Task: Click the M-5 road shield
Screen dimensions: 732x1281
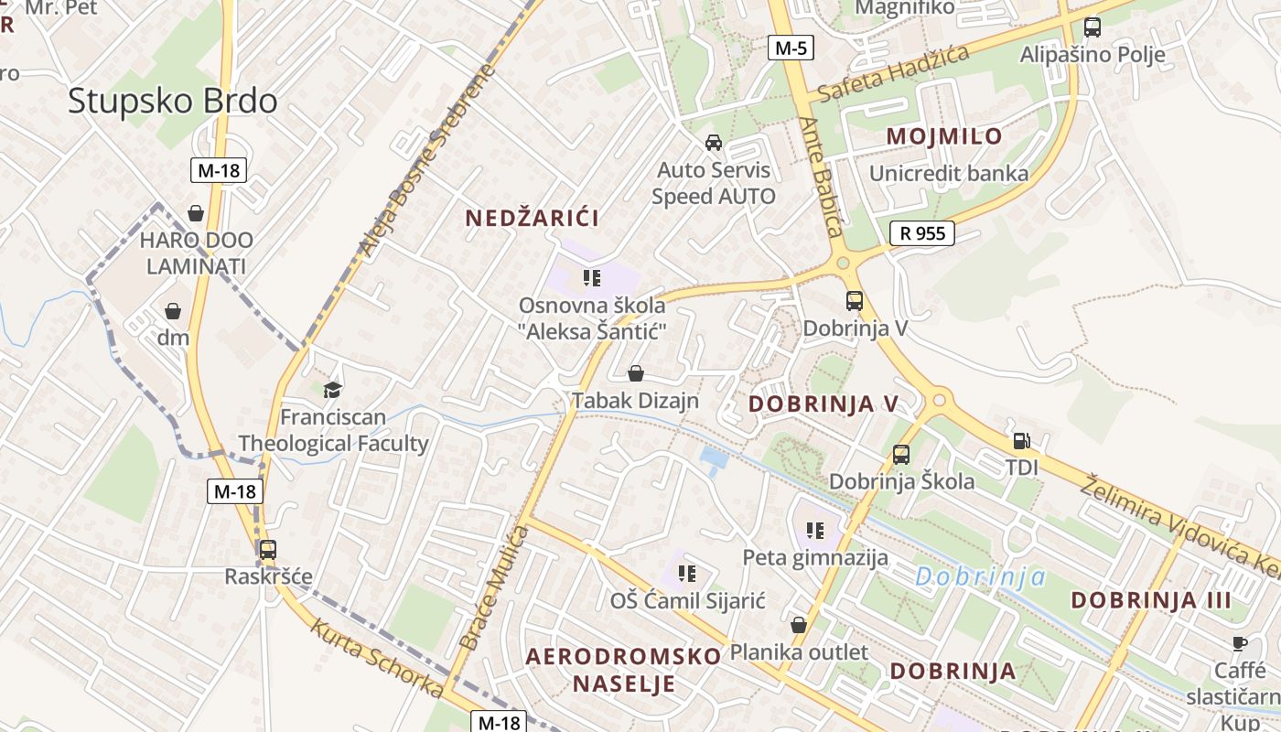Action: point(790,48)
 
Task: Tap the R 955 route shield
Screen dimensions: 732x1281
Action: point(922,232)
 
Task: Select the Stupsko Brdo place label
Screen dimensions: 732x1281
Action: point(172,101)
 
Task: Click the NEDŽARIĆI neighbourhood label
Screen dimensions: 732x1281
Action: point(533,218)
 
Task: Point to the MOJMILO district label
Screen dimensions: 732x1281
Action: point(944,136)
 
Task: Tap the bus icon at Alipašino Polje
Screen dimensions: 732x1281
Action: point(1092,27)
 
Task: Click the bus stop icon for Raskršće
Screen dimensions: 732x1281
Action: point(268,550)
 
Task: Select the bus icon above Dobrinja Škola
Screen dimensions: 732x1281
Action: point(901,454)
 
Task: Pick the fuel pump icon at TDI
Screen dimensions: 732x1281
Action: point(1022,441)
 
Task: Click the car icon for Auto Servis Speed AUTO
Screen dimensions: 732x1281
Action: point(714,143)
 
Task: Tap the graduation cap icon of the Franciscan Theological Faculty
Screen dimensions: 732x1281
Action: point(332,390)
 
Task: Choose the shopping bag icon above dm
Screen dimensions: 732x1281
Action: point(173,311)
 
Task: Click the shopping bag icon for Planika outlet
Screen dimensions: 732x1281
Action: point(799,625)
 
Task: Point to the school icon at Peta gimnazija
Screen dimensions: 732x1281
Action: point(815,530)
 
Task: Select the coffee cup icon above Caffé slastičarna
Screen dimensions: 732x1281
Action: point(1239,643)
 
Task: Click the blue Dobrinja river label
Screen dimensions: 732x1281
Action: point(980,576)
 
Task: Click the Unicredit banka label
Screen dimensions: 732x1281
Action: point(949,173)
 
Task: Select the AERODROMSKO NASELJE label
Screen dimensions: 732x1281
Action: point(624,669)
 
